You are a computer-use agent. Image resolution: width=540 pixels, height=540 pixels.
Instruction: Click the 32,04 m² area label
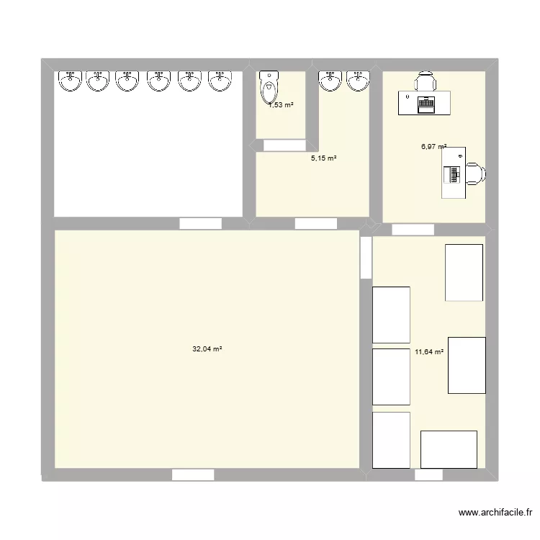pyautogui.click(x=207, y=349)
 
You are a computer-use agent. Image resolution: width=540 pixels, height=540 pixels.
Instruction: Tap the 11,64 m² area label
pyautogui.click(x=428, y=353)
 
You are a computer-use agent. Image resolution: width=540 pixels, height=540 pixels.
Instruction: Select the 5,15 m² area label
pyautogui.click(x=324, y=158)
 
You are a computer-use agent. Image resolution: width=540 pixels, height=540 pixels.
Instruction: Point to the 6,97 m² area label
pyautogui.click(x=434, y=147)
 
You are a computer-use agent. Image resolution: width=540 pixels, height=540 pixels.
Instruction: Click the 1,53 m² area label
pyautogui.click(x=281, y=105)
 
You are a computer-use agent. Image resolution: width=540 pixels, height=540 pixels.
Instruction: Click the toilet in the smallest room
pyautogui.click(x=269, y=87)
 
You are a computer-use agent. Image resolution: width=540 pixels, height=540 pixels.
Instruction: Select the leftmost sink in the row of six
pyautogui.click(x=70, y=81)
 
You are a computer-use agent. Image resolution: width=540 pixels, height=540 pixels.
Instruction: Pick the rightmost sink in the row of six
pyautogui.click(x=220, y=81)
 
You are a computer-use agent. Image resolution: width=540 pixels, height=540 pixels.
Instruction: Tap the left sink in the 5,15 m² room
pyautogui.click(x=330, y=81)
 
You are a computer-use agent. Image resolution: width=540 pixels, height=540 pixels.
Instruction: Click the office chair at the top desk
pyautogui.click(x=426, y=81)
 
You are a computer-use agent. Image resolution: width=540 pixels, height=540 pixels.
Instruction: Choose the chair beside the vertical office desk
pyautogui.click(x=476, y=173)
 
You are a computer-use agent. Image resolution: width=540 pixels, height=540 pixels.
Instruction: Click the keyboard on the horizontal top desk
pyautogui.click(x=426, y=104)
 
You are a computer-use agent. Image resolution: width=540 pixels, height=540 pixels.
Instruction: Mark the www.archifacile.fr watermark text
pyautogui.click(x=495, y=513)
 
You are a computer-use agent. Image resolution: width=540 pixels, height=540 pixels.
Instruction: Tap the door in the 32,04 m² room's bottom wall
pyautogui.click(x=193, y=475)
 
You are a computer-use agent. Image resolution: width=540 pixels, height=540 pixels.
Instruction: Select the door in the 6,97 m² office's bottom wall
pyautogui.click(x=413, y=230)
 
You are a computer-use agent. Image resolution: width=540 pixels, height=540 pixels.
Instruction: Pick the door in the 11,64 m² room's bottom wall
pyautogui.click(x=429, y=475)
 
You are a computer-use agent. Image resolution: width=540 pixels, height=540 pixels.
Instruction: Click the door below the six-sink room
pyautogui.click(x=200, y=223)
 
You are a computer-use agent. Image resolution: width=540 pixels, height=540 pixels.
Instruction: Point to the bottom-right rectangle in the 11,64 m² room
pyautogui.click(x=449, y=449)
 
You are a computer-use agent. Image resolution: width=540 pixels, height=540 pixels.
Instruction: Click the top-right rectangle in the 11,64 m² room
pyautogui.click(x=464, y=272)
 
